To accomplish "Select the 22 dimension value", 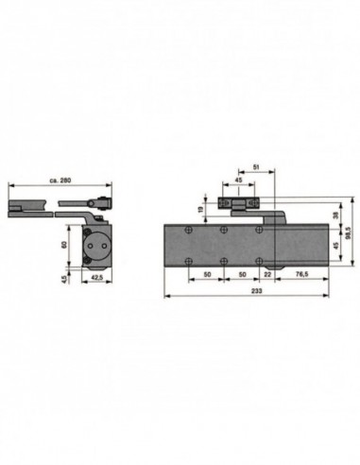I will pyautogui.click(x=268, y=275).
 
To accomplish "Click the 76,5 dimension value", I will pyautogui.click(x=301, y=275).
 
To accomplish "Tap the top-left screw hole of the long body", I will pyautogui.click(x=189, y=230).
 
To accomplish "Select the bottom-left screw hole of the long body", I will pyautogui.click(x=189, y=263).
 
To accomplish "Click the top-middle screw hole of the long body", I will pyautogui.click(x=224, y=230).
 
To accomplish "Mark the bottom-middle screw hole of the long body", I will pyautogui.click(x=224, y=263).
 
